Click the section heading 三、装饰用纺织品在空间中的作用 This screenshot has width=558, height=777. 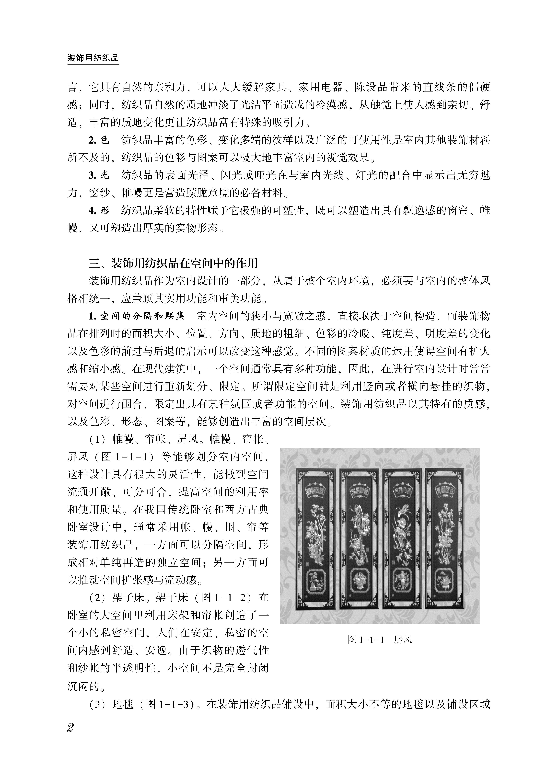(x=173, y=263)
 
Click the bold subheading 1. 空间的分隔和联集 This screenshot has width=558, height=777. (x=136, y=316)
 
